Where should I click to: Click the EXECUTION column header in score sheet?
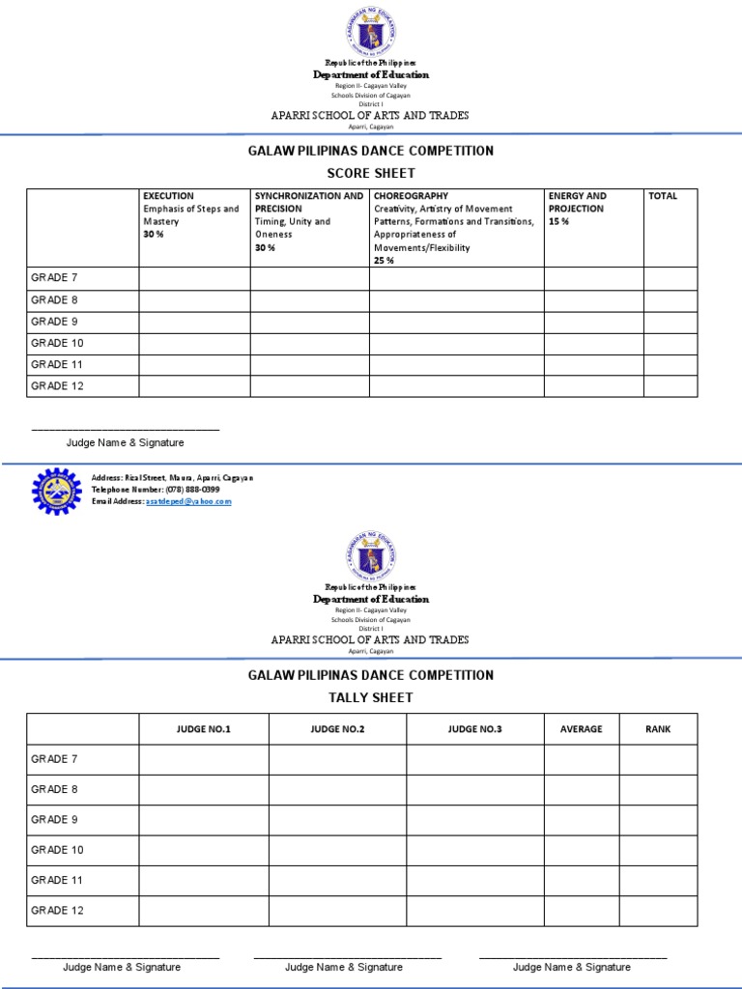[x=169, y=196]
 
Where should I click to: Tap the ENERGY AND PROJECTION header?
[x=578, y=202]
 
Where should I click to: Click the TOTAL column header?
[x=663, y=196]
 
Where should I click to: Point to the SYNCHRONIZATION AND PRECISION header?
[x=309, y=202]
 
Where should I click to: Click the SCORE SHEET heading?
[x=371, y=173]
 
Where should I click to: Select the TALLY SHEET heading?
[x=371, y=697]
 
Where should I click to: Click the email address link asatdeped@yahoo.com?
[x=188, y=501]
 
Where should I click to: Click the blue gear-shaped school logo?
[x=57, y=492]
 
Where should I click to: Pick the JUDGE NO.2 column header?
[x=337, y=729]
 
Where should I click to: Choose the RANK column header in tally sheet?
[x=658, y=729]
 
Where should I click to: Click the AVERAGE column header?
[x=582, y=729]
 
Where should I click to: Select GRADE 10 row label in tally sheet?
[x=58, y=850]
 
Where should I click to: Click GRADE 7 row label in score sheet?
[x=54, y=278]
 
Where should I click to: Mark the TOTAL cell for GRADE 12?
[x=671, y=386]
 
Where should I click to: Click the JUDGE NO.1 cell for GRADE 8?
[x=204, y=790]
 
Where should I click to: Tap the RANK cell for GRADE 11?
[x=658, y=880]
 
